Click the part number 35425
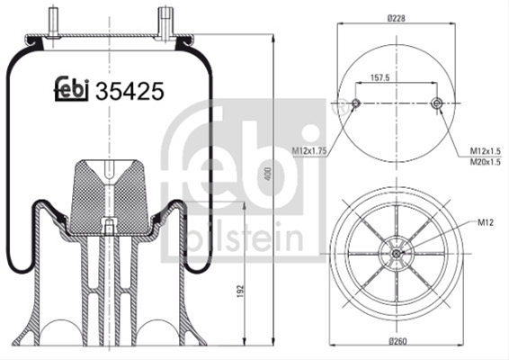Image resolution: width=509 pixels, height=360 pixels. click(x=129, y=91)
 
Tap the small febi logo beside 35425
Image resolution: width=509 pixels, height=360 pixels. click(x=71, y=89)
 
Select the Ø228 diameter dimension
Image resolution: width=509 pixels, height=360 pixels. click(x=397, y=18)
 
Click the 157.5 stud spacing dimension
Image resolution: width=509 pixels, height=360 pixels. click(x=380, y=77)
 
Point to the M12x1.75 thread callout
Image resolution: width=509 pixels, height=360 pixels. click(x=309, y=151)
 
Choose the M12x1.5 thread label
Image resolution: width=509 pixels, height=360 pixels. click(x=486, y=151)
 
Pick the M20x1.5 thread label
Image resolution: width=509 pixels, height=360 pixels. click(x=486, y=162)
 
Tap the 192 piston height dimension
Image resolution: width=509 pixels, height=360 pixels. click(x=240, y=292)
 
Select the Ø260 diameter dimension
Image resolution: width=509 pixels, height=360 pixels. click(x=397, y=341)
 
